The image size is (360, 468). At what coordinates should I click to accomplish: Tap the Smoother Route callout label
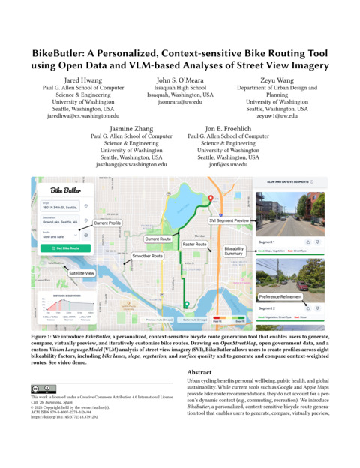point(148,256)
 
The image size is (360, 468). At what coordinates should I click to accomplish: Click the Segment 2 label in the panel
point(267,308)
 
